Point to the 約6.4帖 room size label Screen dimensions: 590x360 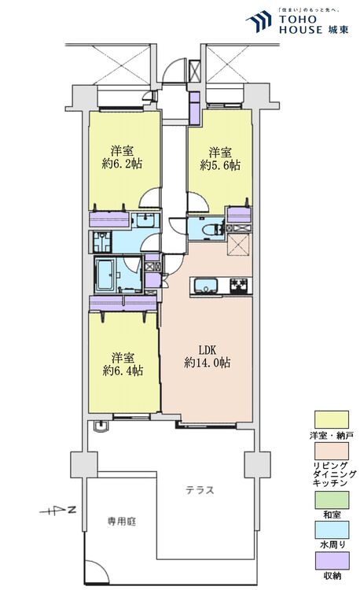(122, 370)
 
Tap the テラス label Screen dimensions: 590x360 (200, 489)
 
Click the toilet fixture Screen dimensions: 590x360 (208, 229)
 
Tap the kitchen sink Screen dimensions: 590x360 (206, 285)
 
